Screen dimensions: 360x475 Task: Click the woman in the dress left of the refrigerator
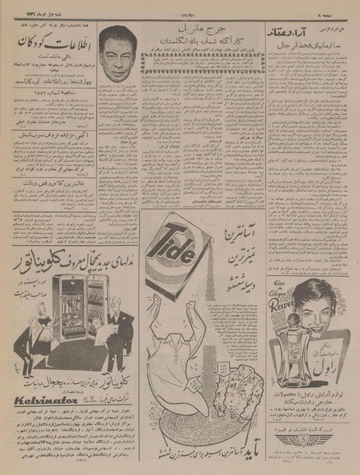click(x=21, y=325)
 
